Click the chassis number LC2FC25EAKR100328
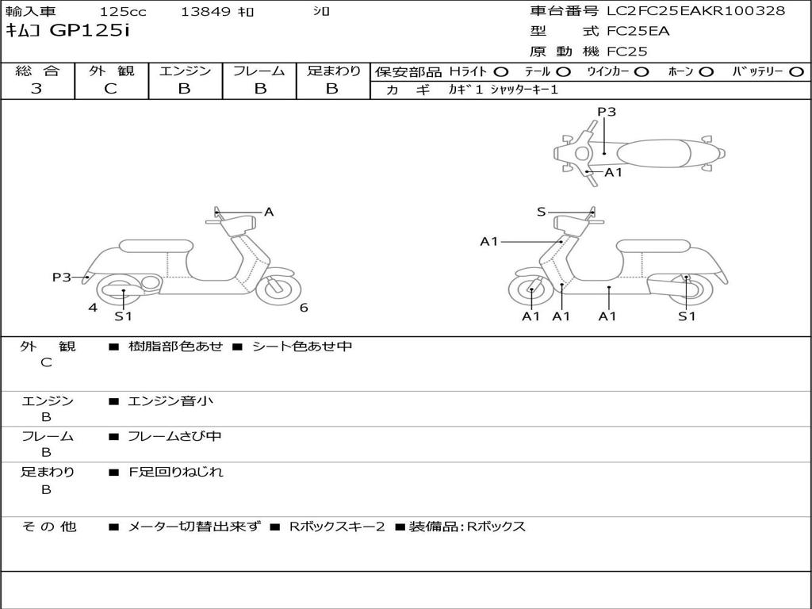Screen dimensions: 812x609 point(695,11)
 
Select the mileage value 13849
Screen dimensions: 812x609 point(205,12)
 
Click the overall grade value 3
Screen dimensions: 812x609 point(36,89)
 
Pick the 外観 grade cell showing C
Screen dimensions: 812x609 point(110,89)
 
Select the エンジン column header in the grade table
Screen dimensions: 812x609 point(185,71)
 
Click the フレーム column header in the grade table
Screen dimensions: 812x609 point(259,71)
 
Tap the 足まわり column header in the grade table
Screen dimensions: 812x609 point(333,71)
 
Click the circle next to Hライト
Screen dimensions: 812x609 point(502,72)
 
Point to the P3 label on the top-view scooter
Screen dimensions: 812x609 point(607,112)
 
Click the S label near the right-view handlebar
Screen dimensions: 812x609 point(541,212)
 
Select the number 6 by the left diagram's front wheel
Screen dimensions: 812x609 point(304,308)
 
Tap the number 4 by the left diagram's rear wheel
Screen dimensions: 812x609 point(93,308)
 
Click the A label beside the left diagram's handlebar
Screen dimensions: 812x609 point(269,212)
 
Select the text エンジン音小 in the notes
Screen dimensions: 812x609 point(170,401)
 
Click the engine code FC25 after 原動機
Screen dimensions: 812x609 point(627,52)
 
